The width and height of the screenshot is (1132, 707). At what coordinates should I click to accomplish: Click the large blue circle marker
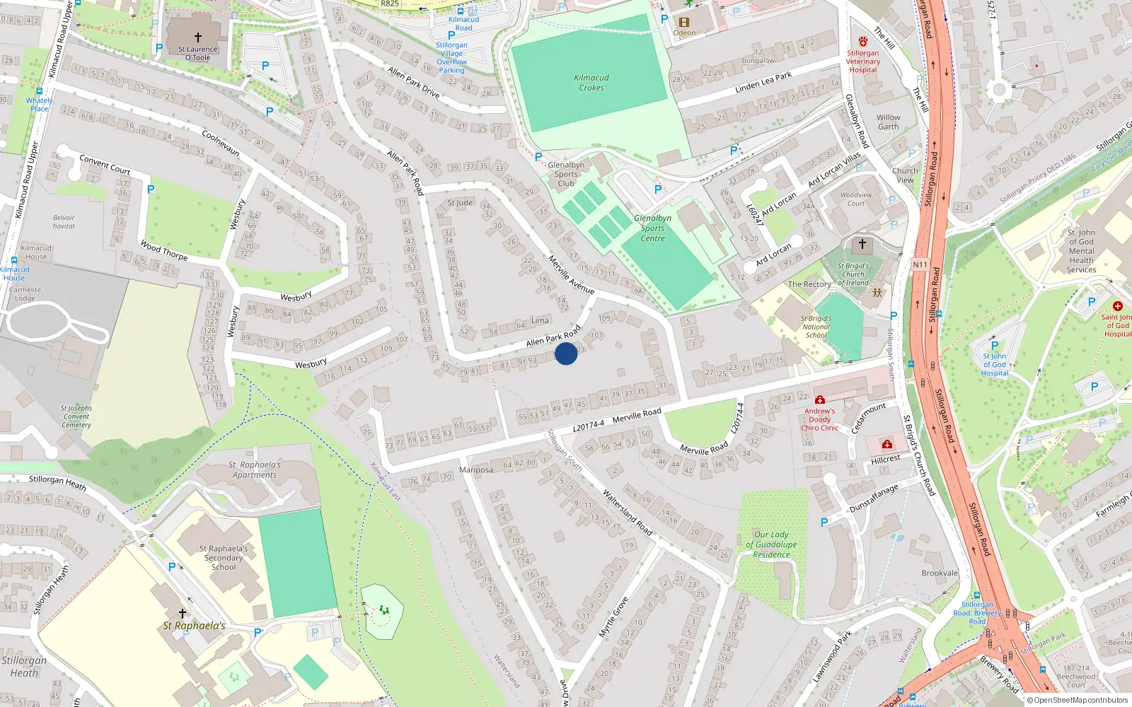[x=566, y=353]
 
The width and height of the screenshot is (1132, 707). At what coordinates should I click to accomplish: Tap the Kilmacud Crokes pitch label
[x=591, y=83]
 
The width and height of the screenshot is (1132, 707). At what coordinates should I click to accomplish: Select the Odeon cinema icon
[x=684, y=22]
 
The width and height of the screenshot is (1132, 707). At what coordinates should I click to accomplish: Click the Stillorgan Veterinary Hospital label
[x=863, y=62]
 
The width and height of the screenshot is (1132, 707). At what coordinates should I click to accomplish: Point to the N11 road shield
[x=920, y=264]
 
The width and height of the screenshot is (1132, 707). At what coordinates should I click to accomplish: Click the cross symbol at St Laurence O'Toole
[x=198, y=37]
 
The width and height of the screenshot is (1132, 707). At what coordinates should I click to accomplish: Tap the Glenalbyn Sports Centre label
[x=652, y=228]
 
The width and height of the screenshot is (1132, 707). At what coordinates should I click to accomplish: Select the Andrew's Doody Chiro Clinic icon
[x=820, y=400]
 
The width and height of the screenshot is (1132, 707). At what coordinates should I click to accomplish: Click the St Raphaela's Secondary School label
[x=224, y=558]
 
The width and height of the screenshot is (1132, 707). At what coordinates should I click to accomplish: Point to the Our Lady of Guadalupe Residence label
[x=771, y=544]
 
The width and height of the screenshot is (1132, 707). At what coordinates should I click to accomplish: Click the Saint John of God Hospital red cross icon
[x=1118, y=306]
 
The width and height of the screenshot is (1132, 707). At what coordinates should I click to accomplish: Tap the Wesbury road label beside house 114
[x=311, y=364]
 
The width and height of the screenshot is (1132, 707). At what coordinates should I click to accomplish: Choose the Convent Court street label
[x=105, y=165]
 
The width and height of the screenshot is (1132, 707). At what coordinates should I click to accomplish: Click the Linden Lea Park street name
[x=763, y=82]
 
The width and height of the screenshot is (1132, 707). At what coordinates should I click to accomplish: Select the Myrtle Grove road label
[x=613, y=617]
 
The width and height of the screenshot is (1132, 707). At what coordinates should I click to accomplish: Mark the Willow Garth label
[x=889, y=122]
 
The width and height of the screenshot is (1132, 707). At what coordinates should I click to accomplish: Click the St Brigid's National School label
[x=816, y=327]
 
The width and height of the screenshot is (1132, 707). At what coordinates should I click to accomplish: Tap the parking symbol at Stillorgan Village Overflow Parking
[x=451, y=35]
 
